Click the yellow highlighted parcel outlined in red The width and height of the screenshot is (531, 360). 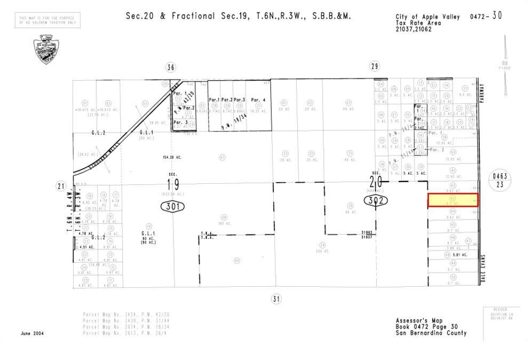click(x=453, y=200)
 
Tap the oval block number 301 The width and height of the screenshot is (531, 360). click(x=171, y=206)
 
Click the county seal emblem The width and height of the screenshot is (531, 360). click(x=46, y=49)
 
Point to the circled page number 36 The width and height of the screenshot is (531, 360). click(x=170, y=67)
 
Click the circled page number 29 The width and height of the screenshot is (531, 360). click(x=374, y=66)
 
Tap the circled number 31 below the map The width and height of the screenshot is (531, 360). click(x=275, y=299)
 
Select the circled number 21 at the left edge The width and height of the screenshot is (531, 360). click(x=60, y=186)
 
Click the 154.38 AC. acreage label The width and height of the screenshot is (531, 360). click(x=165, y=158)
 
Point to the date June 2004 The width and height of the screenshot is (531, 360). click(x=33, y=333)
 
